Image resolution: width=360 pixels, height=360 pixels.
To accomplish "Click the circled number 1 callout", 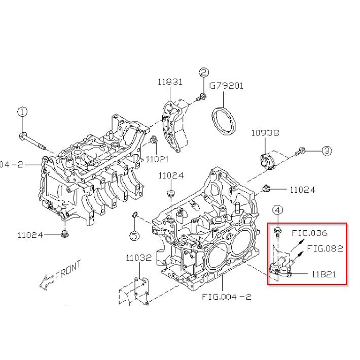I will (22, 112).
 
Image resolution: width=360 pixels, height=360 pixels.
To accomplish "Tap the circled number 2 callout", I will (203, 73).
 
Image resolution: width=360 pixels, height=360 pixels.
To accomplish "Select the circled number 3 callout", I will (327, 151).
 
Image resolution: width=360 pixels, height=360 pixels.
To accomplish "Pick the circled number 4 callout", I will (277, 210).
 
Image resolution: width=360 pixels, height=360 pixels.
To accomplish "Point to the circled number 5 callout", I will (134, 235).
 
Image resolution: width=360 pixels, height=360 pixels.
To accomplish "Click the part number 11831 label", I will (169, 82).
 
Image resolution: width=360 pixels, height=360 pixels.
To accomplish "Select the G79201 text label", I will (226, 86).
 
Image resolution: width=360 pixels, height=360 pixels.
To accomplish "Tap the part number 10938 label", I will (265, 133).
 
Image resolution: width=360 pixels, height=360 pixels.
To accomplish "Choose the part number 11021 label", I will (157, 159).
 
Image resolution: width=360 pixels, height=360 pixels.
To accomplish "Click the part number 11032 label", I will (138, 258).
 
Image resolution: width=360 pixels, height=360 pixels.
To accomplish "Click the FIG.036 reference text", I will (310, 233).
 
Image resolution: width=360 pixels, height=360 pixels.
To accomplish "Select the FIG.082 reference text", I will (325, 248).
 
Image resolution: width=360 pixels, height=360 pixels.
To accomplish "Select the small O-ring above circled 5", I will (134, 218).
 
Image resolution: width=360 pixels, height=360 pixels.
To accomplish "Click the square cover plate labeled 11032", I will (138, 291).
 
